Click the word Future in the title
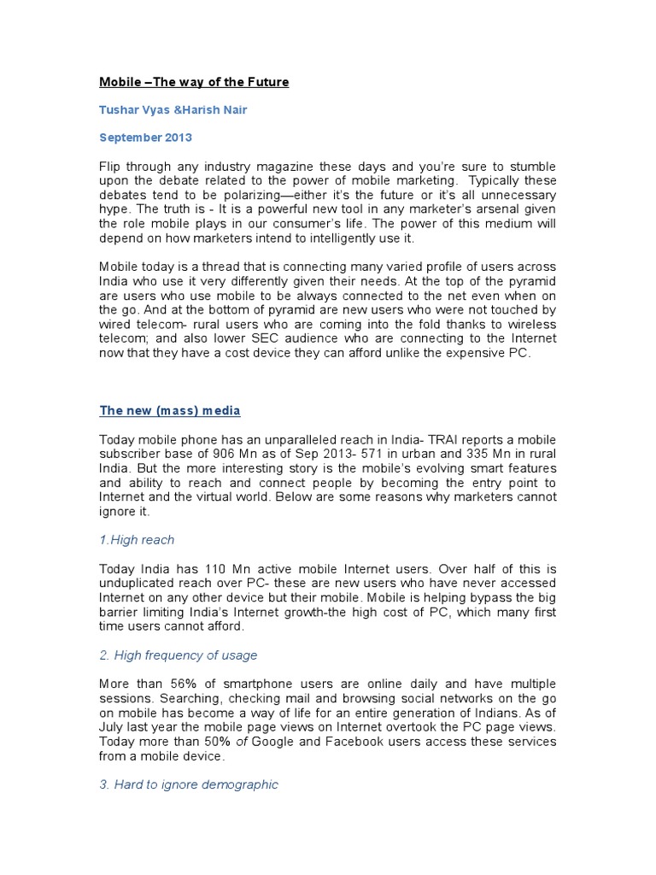point(266,82)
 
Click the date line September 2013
point(145,137)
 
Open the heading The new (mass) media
point(170,411)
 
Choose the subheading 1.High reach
point(137,539)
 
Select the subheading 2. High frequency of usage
point(179,655)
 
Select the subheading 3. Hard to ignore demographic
point(189,784)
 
